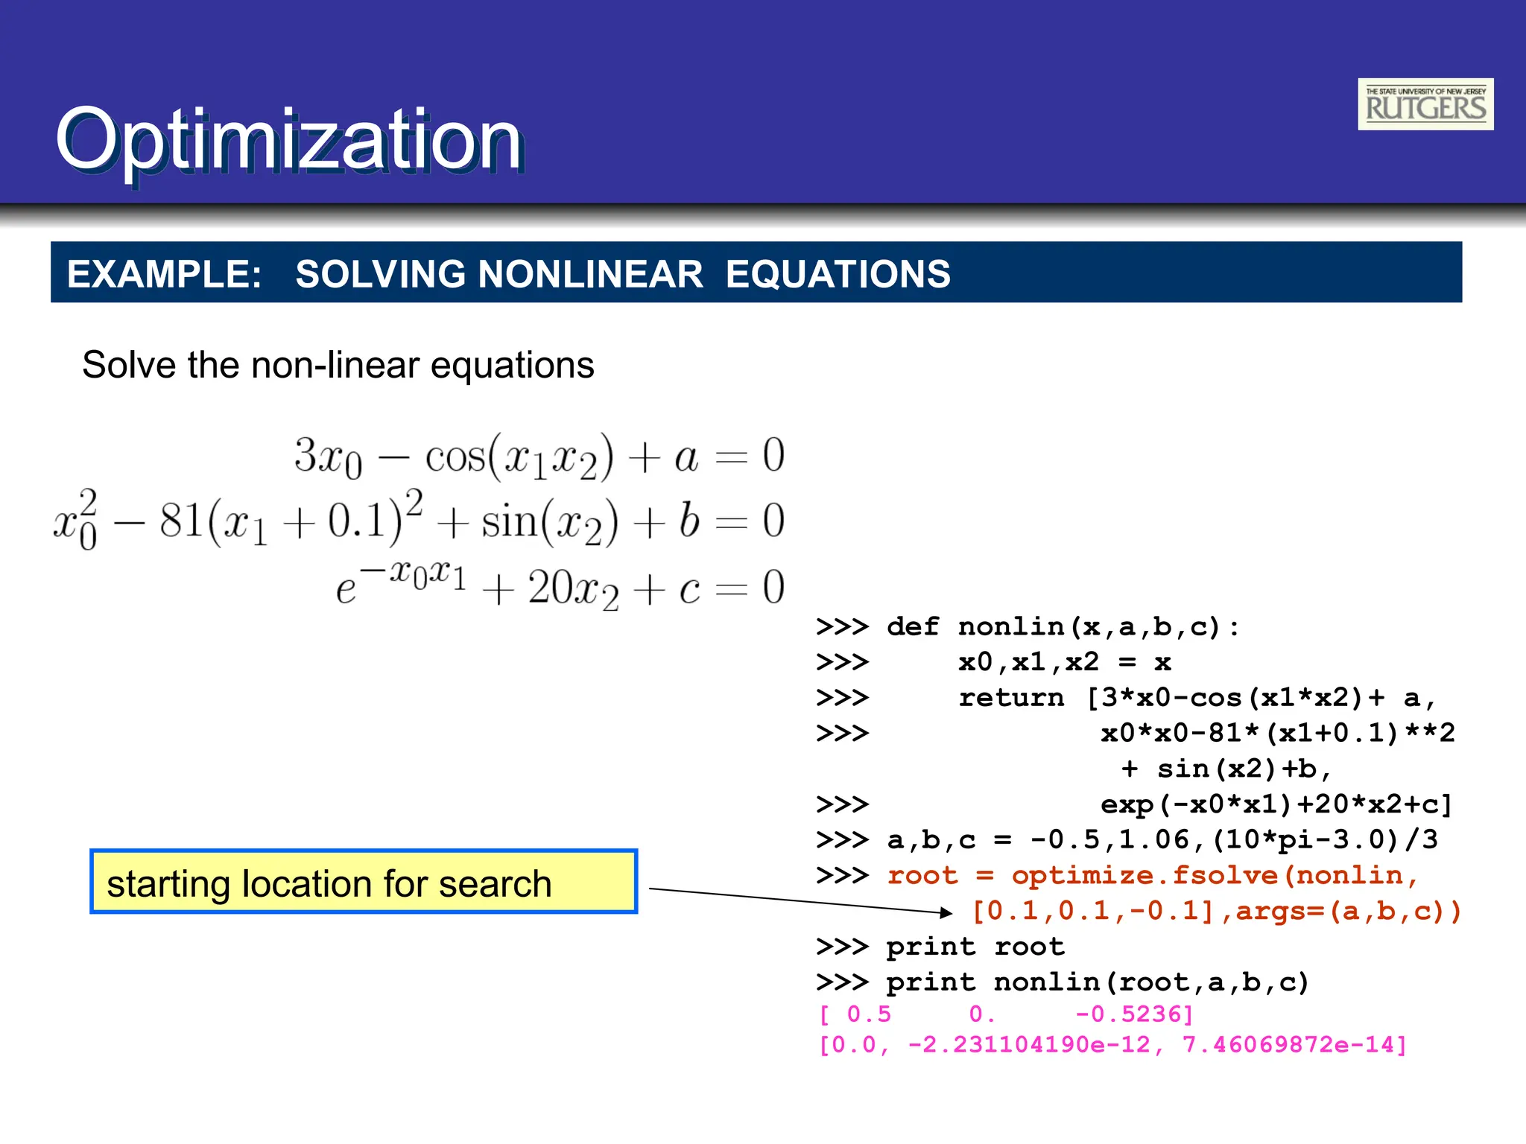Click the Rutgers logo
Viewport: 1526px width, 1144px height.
[x=1425, y=104]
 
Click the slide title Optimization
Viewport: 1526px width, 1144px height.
[x=288, y=139]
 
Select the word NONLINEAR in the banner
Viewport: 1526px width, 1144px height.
[x=589, y=274]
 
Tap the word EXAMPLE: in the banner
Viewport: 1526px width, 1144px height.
[x=164, y=274]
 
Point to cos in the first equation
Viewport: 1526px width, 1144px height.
[x=455, y=456]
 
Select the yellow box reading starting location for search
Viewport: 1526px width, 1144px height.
[x=364, y=882]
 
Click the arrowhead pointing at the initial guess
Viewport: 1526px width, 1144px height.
[x=946, y=912]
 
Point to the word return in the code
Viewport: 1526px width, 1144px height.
[x=1011, y=698]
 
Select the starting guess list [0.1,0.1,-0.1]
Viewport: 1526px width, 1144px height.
[x=1094, y=911]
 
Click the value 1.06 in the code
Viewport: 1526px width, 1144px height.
[x=1154, y=840]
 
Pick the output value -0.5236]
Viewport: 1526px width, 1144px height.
[x=1134, y=1014]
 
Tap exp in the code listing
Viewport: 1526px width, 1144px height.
[x=1127, y=804]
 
